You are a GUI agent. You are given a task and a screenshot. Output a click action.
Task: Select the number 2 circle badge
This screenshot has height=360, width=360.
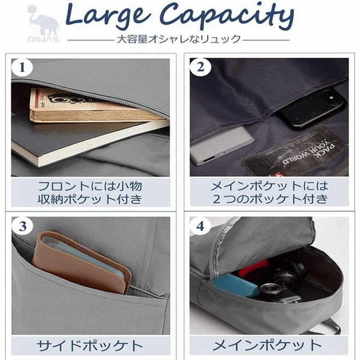[200, 68]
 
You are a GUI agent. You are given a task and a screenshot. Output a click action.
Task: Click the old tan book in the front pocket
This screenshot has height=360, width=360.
[90, 106]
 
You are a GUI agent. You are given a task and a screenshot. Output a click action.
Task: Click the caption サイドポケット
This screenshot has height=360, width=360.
[90, 346]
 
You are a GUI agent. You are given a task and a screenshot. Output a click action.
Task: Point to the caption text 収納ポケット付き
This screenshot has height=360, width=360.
[90, 198]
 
